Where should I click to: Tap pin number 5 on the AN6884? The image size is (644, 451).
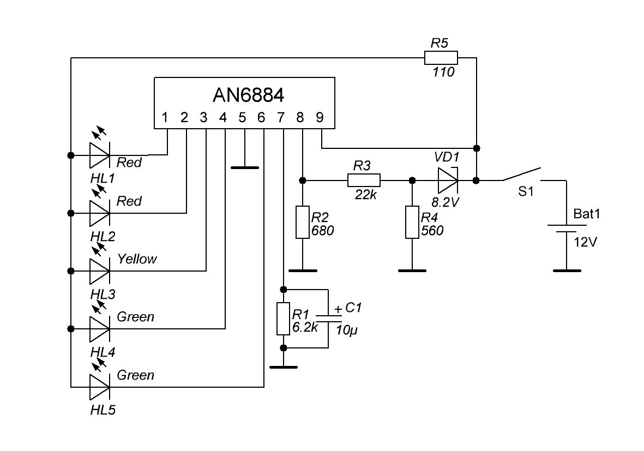[242, 117]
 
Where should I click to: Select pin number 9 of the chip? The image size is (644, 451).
[320, 117]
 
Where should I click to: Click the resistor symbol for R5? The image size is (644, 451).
[441, 57]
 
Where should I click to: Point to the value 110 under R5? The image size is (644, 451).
[443, 71]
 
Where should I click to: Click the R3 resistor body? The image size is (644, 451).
[364, 180]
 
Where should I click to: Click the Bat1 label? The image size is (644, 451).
[586, 214]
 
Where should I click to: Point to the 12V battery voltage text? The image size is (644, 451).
[585, 242]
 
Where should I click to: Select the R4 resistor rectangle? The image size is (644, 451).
[412, 223]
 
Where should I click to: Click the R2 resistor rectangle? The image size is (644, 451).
[302, 223]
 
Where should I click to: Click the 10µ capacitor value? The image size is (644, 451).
[350, 330]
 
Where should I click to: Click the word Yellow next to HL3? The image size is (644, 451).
[137, 259]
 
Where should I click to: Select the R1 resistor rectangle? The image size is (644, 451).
[283, 319]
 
